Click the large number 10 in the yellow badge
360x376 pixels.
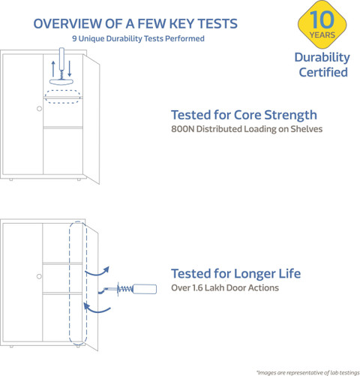(322, 20)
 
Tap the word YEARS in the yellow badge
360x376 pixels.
(322, 35)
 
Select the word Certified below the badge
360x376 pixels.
(323, 72)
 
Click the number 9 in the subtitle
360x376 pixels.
(74, 38)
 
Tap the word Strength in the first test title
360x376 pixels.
(290, 116)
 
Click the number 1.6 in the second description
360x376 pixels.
(197, 287)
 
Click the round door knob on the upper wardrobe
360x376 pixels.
(39, 109)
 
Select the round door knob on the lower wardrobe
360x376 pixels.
(39, 276)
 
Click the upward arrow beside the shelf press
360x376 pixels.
(53, 69)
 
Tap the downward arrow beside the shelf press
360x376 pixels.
(70, 68)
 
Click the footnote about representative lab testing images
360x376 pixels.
(308, 373)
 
